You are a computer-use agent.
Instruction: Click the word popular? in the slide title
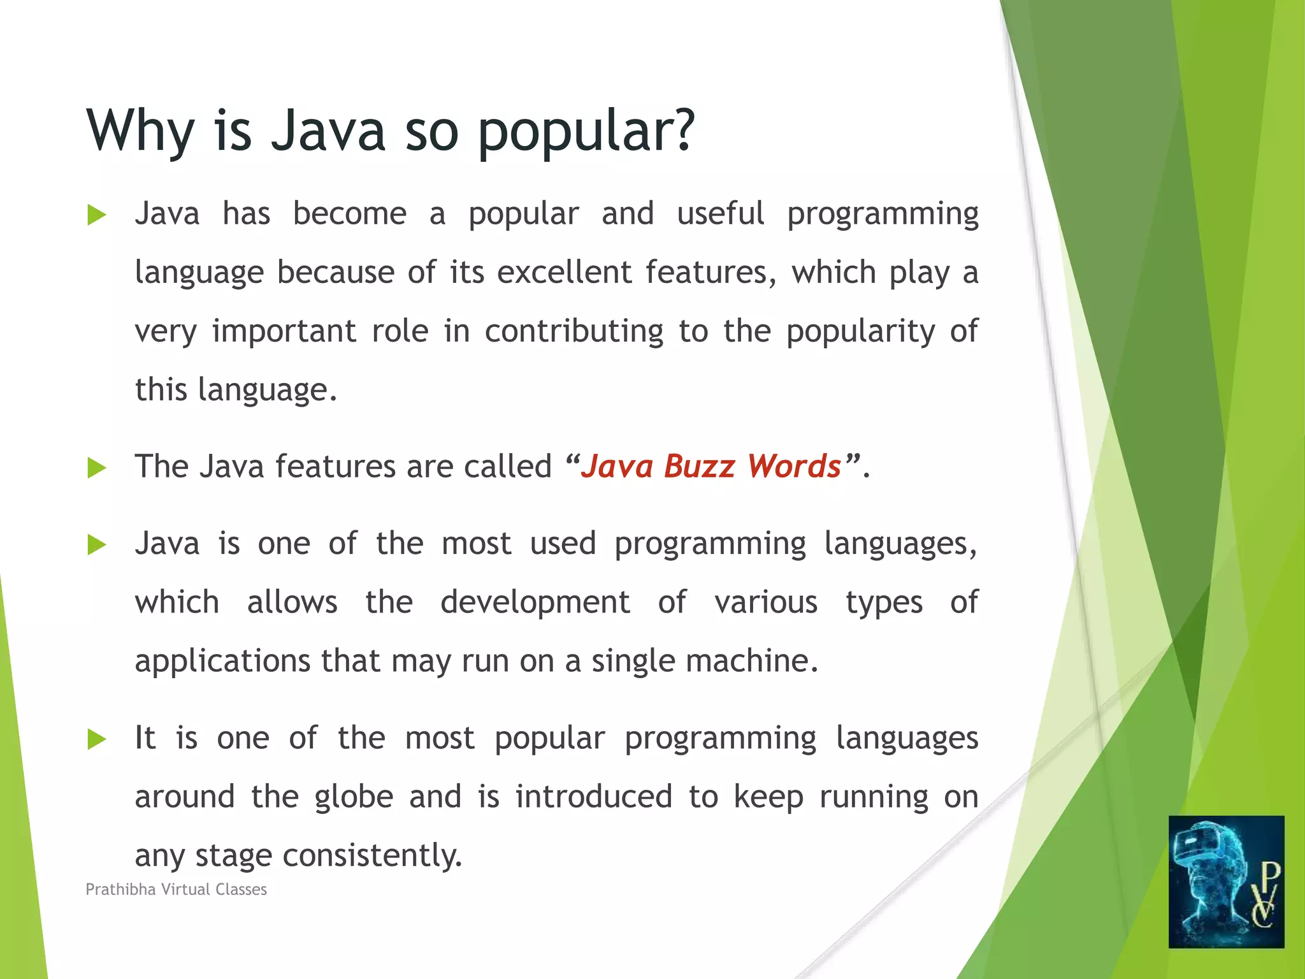[x=586, y=132]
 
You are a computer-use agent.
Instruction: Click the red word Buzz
[x=699, y=466]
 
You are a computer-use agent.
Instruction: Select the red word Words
[x=795, y=466]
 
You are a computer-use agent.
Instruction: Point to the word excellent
[x=564, y=272]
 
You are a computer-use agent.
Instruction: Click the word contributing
[x=574, y=331]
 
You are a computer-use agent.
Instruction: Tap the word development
[x=535, y=602]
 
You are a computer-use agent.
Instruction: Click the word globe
[x=354, y=797]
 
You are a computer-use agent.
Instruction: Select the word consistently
[x=372, y=855]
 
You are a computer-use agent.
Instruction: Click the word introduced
[x=594, y=797]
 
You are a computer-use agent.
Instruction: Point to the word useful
[x=720, y=214]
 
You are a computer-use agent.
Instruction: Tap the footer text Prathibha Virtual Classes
[x=176, y=889]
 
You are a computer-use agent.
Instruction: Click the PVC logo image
[x=1226, y=881]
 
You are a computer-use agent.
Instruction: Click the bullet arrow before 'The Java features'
[x=96, y=468]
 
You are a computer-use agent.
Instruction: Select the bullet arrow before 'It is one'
[x=96, y=740]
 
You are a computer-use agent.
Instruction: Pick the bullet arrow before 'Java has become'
[x=96, y=215]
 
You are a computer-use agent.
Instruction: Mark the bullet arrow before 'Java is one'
[x=96, y=545]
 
